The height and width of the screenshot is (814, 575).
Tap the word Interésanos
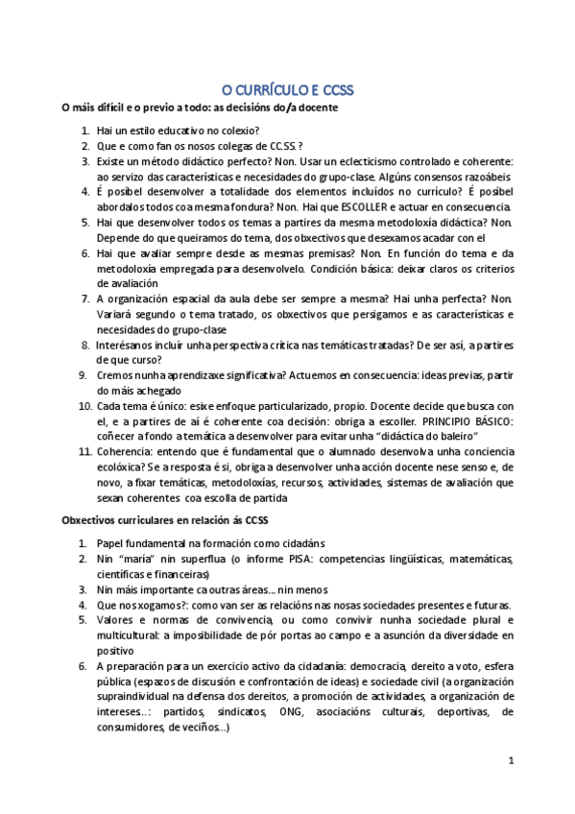[128, 345]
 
